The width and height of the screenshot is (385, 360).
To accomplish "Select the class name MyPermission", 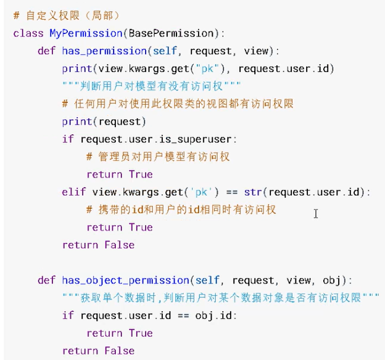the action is [x=86, y=33].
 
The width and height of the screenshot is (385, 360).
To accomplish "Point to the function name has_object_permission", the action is [x=125, y=280].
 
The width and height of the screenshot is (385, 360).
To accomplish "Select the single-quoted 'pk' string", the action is [x=203, y=192].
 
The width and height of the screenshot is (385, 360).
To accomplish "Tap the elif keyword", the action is [x=74, y=192].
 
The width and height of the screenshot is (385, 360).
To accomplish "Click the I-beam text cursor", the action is [x=316, y=213].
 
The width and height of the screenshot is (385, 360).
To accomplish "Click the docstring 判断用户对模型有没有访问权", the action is [x=152, y=86].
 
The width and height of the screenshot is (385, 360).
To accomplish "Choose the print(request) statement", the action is [x=104, y=121].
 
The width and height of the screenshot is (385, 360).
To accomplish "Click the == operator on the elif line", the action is [x=228, y=192].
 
